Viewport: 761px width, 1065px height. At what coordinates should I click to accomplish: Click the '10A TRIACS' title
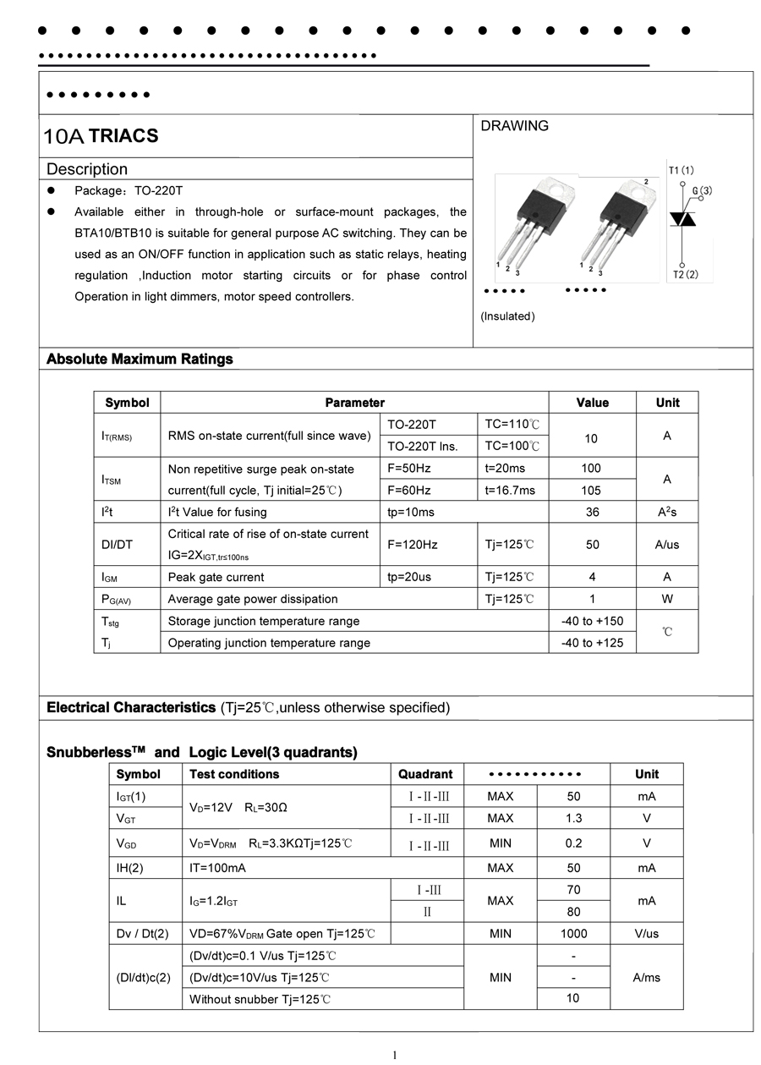(101, 136)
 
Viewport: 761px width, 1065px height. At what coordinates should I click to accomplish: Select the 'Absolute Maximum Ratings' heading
(140, 359)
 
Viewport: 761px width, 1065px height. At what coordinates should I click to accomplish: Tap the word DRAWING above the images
(514, 126)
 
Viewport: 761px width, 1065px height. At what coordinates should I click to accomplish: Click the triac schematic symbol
(682, 219)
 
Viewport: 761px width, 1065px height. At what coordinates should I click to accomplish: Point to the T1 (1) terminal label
(681, 170)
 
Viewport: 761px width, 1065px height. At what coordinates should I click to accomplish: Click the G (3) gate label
(702, 191)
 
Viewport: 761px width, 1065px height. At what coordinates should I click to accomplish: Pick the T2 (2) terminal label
(686, 274)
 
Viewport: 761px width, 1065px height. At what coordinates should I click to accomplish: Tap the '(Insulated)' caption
(507, 316)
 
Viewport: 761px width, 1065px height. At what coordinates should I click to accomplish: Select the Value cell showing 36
(592, 512)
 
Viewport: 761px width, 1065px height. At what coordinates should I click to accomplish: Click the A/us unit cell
(666, 545)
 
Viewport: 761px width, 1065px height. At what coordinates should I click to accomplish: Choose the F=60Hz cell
(409, 491)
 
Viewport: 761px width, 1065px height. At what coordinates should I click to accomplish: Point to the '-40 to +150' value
(592, 621)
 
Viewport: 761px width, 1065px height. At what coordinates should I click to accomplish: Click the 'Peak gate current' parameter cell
(216, 577)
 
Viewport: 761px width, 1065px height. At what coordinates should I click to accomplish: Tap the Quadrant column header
(425, 774)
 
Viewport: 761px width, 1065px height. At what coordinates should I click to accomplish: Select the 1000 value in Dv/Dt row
(573, 934)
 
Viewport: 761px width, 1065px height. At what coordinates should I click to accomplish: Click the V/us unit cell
(646, 934)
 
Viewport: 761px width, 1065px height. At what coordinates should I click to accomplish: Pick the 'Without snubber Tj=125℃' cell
(260, 999)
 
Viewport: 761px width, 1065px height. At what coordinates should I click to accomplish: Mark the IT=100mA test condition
(217, 868)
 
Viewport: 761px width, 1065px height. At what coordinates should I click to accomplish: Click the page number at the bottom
(394, 1054)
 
